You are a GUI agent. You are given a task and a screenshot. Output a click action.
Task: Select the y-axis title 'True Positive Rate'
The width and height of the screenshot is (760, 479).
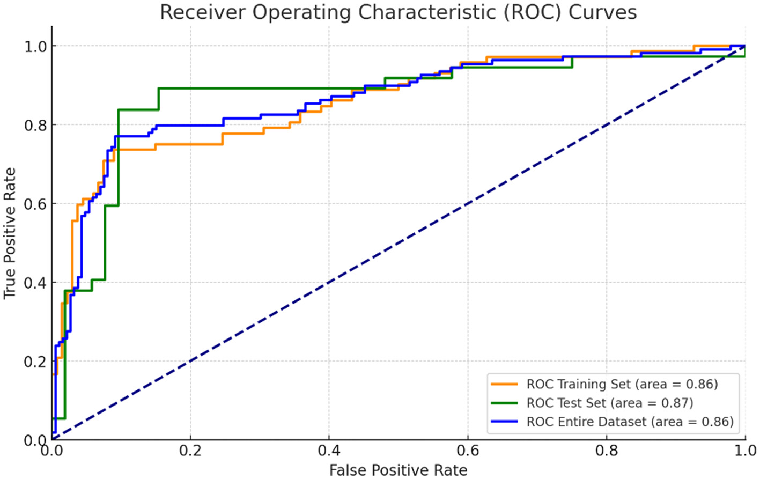(10, 233)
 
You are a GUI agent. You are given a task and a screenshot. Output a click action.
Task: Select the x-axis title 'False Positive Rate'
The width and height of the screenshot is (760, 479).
(398, 470)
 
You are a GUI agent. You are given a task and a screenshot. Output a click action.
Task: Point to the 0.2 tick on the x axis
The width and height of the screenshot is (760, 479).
(190, 450)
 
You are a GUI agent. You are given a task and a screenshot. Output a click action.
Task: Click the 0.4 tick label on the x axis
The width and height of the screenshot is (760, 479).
(329, 450)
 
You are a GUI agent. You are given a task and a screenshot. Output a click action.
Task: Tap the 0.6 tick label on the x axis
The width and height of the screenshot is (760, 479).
(468, 450)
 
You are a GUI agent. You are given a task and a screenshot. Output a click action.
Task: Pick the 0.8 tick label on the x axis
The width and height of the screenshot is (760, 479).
(607, 450)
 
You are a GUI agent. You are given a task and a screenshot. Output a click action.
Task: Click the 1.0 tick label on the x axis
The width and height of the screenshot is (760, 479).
(745, 450)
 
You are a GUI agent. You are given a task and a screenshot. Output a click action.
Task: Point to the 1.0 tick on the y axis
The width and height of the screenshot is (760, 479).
(35, 47)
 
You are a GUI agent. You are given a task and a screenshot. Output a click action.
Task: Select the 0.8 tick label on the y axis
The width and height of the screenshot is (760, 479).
(35, 126)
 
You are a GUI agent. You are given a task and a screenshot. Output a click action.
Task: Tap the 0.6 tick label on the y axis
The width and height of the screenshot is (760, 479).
(35, 204)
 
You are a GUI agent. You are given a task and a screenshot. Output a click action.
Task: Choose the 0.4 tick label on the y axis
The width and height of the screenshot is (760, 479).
(35, 283)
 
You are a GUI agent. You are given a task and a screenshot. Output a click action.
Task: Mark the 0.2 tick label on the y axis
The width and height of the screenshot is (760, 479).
(35, 362)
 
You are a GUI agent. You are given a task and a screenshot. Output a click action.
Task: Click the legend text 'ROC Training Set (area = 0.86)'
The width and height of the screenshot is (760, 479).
(622, 384)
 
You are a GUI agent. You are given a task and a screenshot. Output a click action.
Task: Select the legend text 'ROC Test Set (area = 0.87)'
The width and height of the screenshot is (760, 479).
(610, 403)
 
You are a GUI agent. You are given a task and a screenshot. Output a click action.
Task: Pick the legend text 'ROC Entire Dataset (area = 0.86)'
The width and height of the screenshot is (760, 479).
(630, 422)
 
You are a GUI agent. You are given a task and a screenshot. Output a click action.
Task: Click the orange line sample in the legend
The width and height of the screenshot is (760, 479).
(505, 384)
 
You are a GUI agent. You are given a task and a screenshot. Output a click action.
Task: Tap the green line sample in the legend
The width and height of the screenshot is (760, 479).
(505, 403)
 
